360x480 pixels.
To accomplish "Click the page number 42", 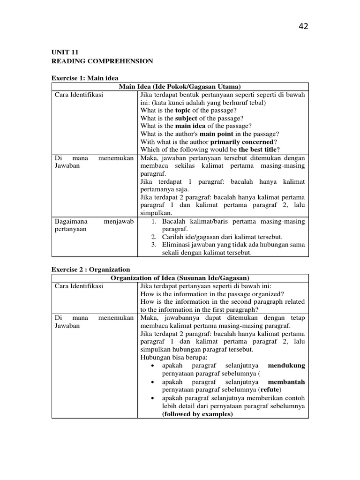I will pos(303,26).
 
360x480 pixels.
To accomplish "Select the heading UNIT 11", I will pos(63,53).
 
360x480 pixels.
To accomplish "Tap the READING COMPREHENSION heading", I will pos(102,61).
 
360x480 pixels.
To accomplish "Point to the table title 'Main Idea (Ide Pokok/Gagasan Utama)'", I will pos(180,86).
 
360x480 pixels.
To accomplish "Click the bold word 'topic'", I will pos(184,110).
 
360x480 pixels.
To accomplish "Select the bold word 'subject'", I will pos(187,118).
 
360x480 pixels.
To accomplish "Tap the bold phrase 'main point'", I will pos(216,134).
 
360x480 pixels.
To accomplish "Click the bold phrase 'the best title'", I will pos(257,150).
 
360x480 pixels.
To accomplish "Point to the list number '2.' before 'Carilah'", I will pos(153,237).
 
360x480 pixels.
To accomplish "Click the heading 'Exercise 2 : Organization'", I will pos(90,270).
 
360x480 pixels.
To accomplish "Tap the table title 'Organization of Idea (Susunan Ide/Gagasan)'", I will pos(180,278).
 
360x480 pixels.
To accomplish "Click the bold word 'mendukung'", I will pos(286,366).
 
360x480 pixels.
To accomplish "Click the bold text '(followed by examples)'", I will pos(197,414).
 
